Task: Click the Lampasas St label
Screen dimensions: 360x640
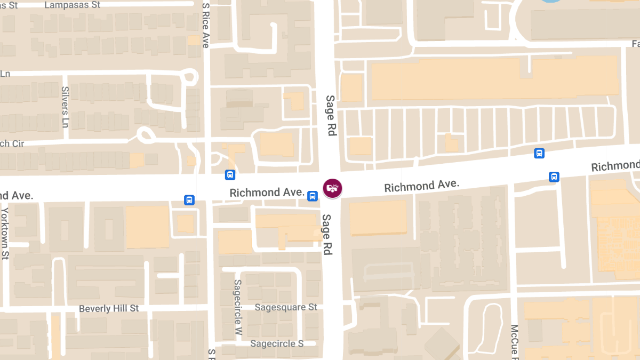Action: tap(73, 5)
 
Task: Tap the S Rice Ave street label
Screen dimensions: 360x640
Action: tap(206, 25)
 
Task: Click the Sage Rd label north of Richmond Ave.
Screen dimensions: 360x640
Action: tap(331, 115)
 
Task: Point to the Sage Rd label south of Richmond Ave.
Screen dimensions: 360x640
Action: tap(326, 234)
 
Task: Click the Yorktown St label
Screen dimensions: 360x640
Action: tap(5, 233)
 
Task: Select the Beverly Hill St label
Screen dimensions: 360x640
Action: tap(109, 308)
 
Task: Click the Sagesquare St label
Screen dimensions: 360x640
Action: tap(286, 307)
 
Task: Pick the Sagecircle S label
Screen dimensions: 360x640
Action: tap(277, 343)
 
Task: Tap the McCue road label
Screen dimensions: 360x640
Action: tap(515, 341)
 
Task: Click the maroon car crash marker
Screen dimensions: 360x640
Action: tap(332, 188)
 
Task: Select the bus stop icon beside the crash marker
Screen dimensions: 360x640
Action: tap(313, 196)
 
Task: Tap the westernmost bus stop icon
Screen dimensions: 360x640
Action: tap(189, 200)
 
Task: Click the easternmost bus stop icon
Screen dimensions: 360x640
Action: tap(554, 177)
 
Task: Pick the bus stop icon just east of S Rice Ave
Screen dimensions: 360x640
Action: tap(230, 174)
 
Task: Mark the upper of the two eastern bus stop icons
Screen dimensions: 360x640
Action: tap(539, 154)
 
